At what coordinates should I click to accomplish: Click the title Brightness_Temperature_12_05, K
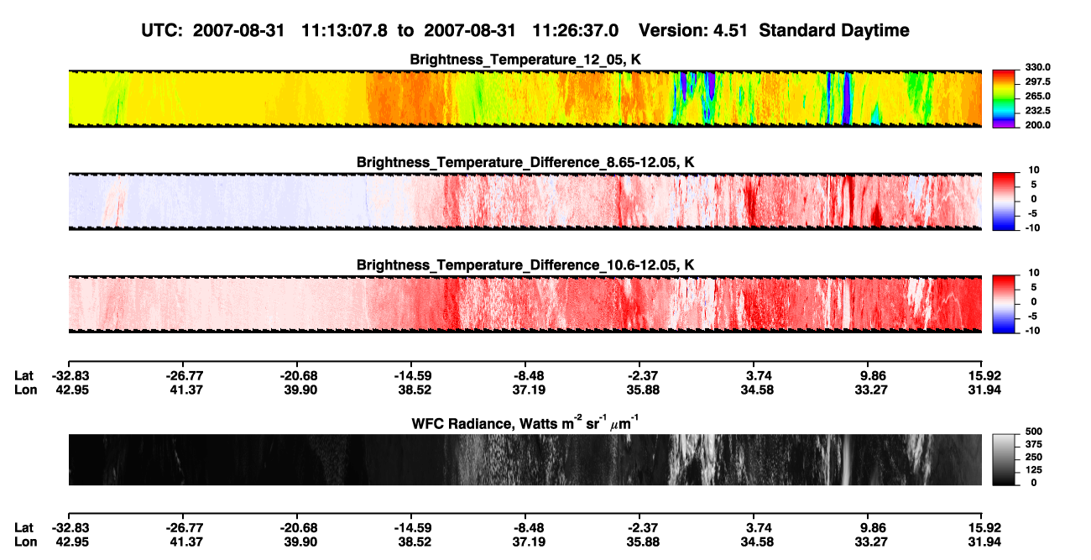click(525, 60)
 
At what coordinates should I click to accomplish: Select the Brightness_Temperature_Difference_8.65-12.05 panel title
click(525, 162)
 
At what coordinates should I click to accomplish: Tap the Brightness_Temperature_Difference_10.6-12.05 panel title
click(525, 265)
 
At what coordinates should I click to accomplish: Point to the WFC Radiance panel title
click(525, 423)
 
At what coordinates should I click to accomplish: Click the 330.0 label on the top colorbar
click(1037, 67)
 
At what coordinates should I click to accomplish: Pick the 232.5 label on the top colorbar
click(1037, 111)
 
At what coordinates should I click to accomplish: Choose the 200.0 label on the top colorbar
click(1037, 125)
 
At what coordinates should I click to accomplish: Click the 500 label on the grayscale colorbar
click(1033, 432)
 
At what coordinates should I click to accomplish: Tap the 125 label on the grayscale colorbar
click(1033, 470)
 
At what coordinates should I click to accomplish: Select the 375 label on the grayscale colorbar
click(1033, 444)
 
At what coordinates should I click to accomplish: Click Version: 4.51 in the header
click(692, 31)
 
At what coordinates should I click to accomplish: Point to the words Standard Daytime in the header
click(834, 31)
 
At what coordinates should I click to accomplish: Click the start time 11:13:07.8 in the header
click(344, 31)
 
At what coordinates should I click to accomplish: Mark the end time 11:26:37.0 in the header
click(575, 31)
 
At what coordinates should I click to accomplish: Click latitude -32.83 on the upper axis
click(70, 376)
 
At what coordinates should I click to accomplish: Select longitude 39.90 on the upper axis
click(300, 390)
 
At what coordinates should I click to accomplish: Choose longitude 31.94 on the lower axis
click(984, 542)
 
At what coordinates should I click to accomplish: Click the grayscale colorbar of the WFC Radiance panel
click(1004, 459)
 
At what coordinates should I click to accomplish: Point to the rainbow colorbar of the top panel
click(1004, 99)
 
